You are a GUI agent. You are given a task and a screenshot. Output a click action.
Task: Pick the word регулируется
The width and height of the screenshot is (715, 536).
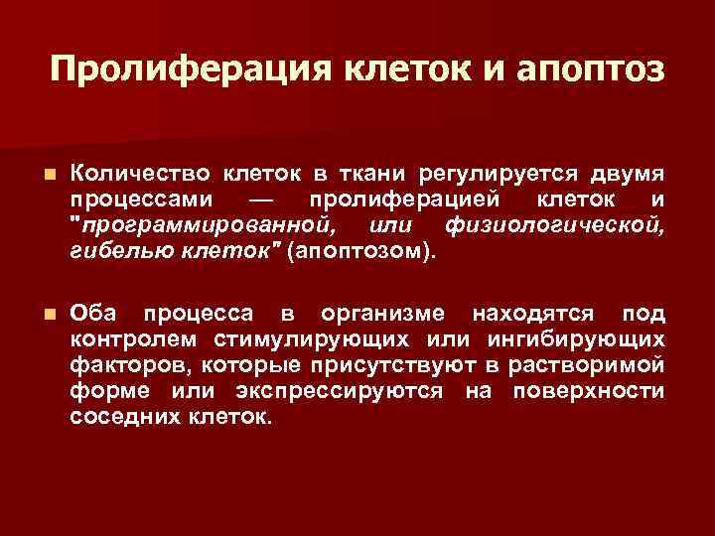click(x=478, y=176)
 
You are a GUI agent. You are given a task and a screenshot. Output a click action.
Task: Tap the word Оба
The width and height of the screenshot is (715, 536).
click(x=94, y=315)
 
